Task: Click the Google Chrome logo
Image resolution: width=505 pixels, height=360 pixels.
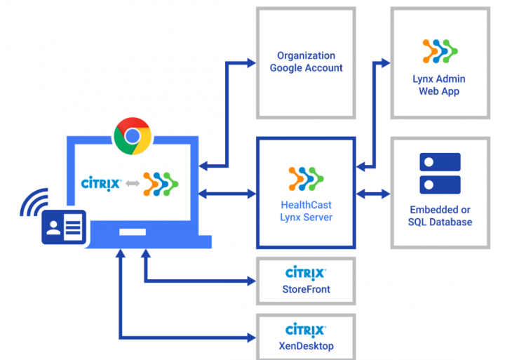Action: point(133,136)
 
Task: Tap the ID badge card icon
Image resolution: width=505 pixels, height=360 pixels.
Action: point(64,226)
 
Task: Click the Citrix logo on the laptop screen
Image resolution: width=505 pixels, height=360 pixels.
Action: point(101,184)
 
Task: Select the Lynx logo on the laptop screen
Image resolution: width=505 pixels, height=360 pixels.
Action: point(161,184)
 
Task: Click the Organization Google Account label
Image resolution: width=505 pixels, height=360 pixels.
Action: point(306,62)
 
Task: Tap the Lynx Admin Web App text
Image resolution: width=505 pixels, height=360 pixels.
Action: point(439,85)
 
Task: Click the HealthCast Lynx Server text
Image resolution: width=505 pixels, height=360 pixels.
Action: point(306,211)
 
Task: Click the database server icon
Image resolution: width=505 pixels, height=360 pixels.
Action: point(440,174)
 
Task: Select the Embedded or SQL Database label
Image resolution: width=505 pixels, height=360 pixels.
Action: point(440,216)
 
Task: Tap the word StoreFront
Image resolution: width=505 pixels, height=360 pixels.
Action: point(306,288)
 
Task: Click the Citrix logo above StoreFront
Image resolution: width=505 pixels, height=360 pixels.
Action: point(306,273)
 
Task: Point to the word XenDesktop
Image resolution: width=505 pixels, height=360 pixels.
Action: point(306,346)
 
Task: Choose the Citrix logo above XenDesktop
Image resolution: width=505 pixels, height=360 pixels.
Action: point(306,330)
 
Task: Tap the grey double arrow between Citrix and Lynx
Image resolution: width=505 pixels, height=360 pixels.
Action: point(131,184)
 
